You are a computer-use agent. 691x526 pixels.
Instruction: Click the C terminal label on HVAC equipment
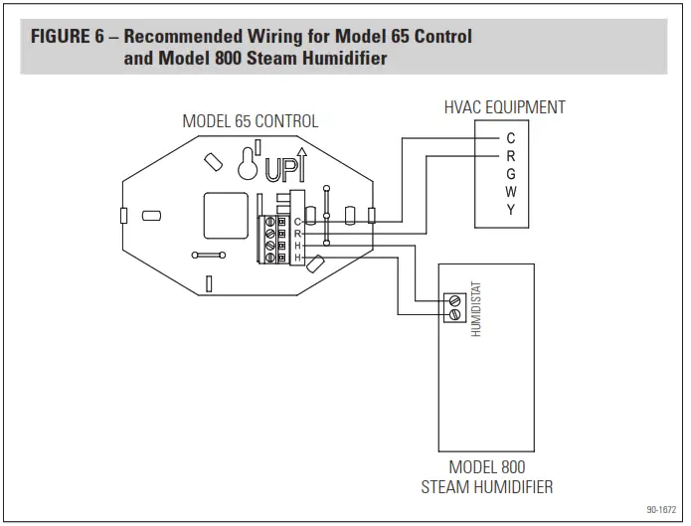510,138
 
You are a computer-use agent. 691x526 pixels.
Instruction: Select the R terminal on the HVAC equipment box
510,156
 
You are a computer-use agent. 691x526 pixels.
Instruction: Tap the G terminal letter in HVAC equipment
510,174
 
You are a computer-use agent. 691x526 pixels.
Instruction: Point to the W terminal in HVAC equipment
510,192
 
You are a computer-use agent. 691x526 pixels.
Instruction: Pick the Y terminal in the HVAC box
510,210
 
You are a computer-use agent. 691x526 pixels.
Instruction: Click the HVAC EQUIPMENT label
504,107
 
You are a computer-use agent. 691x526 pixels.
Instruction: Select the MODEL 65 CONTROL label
250,121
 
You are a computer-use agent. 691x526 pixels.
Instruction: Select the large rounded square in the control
225,216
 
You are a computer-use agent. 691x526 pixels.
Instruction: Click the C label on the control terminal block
296,221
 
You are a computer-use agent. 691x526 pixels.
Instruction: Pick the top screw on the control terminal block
268,221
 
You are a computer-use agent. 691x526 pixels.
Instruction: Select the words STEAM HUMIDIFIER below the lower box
487,487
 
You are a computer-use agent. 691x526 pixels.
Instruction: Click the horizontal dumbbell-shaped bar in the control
211,255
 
